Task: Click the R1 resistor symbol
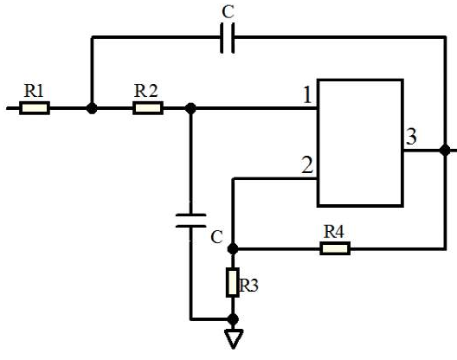(x=35, y=108)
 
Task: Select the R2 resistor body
(x=148, y=108)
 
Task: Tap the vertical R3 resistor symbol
(x=233, y=282)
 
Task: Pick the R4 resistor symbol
(x=335, y=248)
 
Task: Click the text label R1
(x=34, y=91)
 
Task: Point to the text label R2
(x=145, y=90)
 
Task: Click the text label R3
(x=248, y=285)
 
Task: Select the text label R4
(x=334, y=232)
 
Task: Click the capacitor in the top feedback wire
(x=228, y=38)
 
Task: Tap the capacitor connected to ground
(x=191, y=221)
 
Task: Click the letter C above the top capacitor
(x=228, y=12)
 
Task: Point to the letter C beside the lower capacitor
(x=217, y=237)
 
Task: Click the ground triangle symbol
(x=233, y=339)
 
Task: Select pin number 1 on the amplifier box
(x=307, y=95)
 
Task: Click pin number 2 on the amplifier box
(x=307, y=165)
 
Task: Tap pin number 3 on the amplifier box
(x=411, y=137)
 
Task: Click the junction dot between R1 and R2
(x=92, y=108)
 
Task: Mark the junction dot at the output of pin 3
(x=445, y=151)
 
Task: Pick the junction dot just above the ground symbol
(x=233, y=319)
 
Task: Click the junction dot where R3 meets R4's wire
(x=233, y=248)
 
